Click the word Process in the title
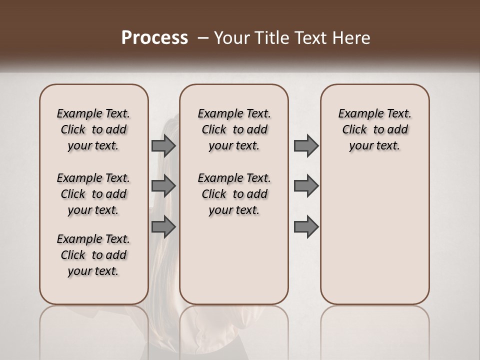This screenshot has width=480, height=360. pyautogui.click(x=154, y=38)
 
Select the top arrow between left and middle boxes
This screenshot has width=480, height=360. pyautogui.click(x=163, y=145)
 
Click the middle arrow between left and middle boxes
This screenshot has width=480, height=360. pyautogui.click(x=163, y=186)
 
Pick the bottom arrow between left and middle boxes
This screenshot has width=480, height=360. pyautogui.click(x=163, y=226)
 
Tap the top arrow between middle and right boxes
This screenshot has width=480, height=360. pyautogui.click(x=306, y=145)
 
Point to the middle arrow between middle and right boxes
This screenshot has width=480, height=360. pyautogui.click(x=306, y=186)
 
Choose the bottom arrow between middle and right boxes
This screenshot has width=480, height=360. pyautogui.click(x=306, y=226)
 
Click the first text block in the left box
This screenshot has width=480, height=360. pyautogui.click(x=93, y=129)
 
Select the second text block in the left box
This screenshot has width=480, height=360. pyautogui.click(x=93, y=194)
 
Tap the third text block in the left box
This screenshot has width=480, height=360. pyautogui.click(x=93, y=255)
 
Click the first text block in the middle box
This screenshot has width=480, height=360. pyautogui.click(x=234, y=129)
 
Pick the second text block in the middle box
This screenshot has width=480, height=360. pyautogui.click(x=234, y=194)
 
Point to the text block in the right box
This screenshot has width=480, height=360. pyautogui.click(x=374, y=129)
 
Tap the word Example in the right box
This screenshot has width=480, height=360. pyautogui.click(x=357, y=114)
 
